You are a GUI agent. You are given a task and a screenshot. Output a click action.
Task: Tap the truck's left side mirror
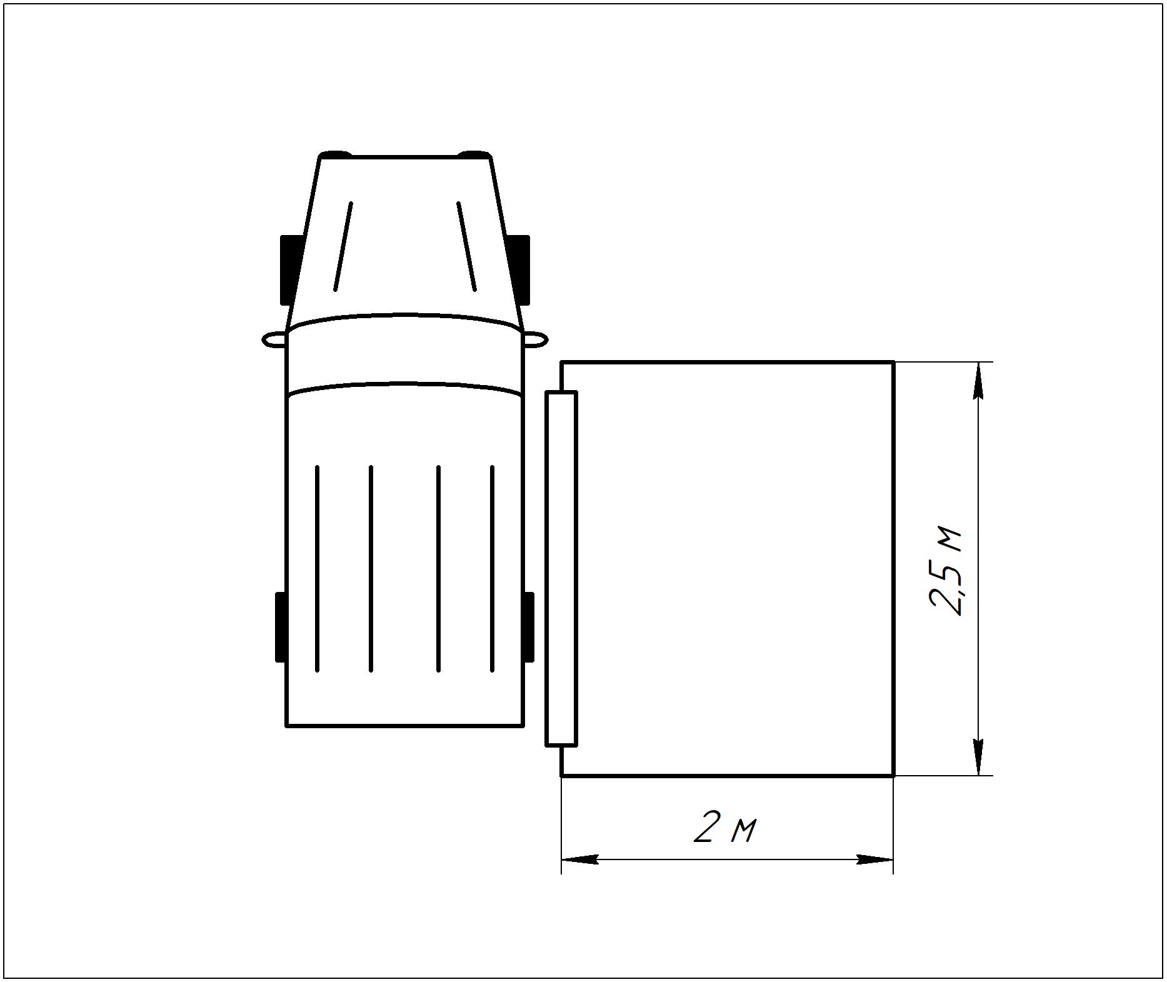point(274,339)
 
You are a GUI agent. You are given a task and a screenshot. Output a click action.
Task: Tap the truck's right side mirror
point(536,339)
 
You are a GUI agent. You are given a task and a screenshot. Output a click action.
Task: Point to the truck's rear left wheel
point(281,626)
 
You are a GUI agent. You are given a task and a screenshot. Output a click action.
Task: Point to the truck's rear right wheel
point(529,626)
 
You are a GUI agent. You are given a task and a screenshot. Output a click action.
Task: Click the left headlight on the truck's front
point(335,154)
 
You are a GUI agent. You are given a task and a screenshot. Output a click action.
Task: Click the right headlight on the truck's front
point(474,154)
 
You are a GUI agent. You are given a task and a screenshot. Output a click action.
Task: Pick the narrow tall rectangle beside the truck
point(561,568)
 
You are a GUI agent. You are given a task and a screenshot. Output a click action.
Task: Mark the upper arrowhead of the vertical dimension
point(978,381)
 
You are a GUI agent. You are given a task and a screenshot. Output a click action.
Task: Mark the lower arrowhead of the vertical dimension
point(978,756)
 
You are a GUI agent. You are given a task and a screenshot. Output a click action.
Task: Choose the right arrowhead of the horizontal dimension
point(874,859)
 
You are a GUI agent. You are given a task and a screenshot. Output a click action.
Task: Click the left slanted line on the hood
point(343,246)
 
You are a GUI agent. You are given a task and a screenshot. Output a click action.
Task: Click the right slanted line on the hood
point(467,246)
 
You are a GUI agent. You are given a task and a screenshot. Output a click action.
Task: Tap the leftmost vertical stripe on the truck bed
point(318,568)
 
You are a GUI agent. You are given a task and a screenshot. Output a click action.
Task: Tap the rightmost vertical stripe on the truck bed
point(493,568)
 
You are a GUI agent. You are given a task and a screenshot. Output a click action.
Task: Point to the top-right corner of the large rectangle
point(893,362)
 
